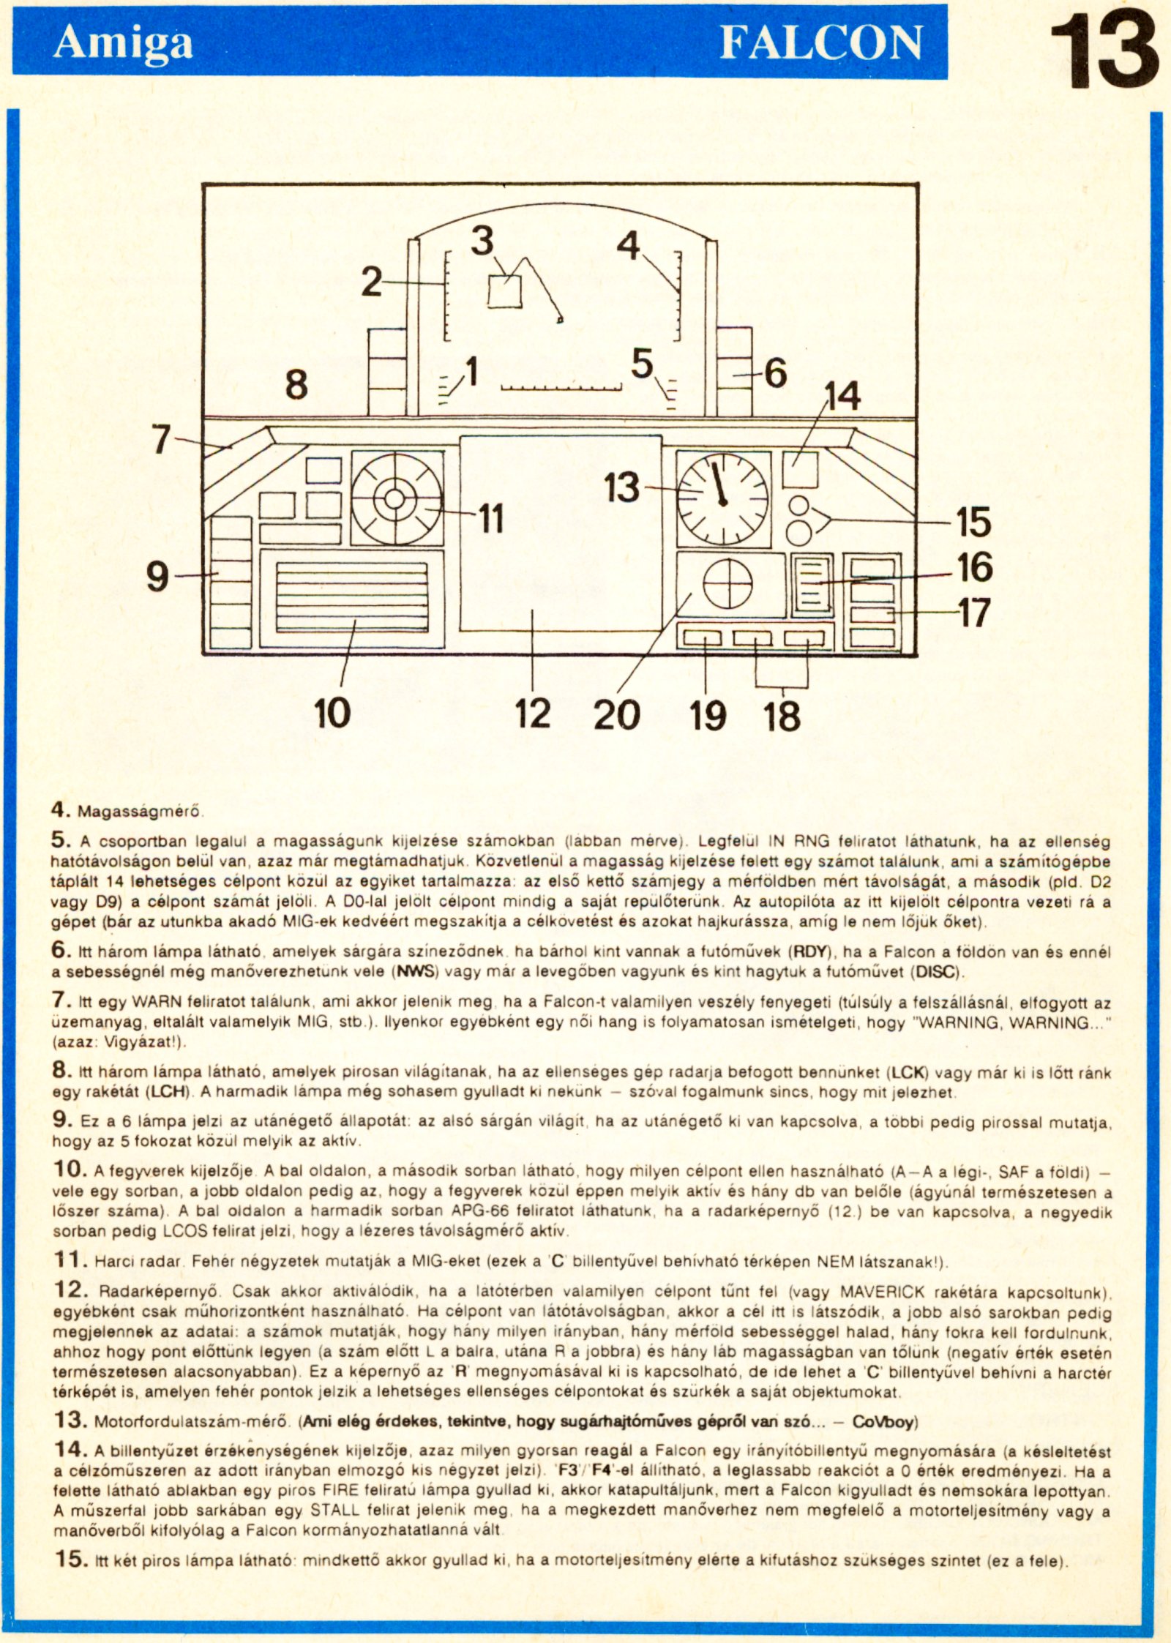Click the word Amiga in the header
[x=122, y=42]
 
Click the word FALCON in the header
[x=820, y=42]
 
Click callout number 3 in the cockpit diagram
[x=482, y=241]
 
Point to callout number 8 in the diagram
[x=296, y=384]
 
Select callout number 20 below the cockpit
[x=616, y=714]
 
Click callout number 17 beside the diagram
[x=974, y=613]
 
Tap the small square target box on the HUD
[x=505, y=291]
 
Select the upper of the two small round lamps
[x=799, y=506]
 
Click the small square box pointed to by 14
[x=800, y=470]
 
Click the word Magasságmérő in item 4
[x=141, y=812]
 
